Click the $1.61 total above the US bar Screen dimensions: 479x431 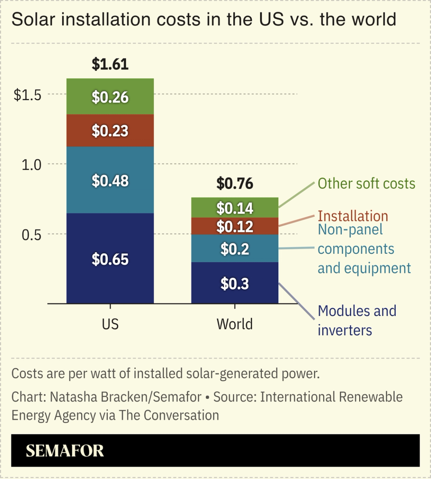pyautogui.click(x=110, y=64)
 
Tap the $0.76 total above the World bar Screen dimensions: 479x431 pyautogui.click(x=235, y=184)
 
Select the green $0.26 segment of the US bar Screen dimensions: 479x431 pyautogui.click(x=110, y=97)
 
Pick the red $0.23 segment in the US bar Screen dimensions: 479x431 pyautogui.click(x=110, y=131)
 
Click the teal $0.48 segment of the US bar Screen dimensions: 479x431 pyautogui.click(x=110, y=180)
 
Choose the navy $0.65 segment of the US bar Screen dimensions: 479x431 pyautogui.click(x=110, y=259)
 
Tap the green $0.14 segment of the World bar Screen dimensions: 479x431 pyautogui.click(x=235, y=208)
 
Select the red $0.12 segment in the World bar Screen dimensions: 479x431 pyautogui.click(x=235, y=226)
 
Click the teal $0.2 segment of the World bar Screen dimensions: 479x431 pyautogui.click(x=235, y=249)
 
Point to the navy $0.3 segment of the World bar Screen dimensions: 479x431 pyautogui.click(x=235, y=284)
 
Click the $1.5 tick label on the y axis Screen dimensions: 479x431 pyautogui.click(x=27, y=95)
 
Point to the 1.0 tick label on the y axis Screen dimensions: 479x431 pyautogui.click(x=31, y=165)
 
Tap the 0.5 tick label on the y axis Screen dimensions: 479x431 pyautogui.click(x=31, y=235)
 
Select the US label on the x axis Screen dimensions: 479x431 pyautogui.click(x=110, y=324)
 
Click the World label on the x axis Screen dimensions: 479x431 pyautogui.click(x=235, y=324)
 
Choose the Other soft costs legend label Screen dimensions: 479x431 pyautogui.click(x=366, y=184)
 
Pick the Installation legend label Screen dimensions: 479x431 pyautogui.click(x=353, y=216)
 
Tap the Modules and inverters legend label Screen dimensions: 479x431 pyautogui.click(x=357, y=321)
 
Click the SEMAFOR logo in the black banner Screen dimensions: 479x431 pyautogui.click(x=65, y=451)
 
